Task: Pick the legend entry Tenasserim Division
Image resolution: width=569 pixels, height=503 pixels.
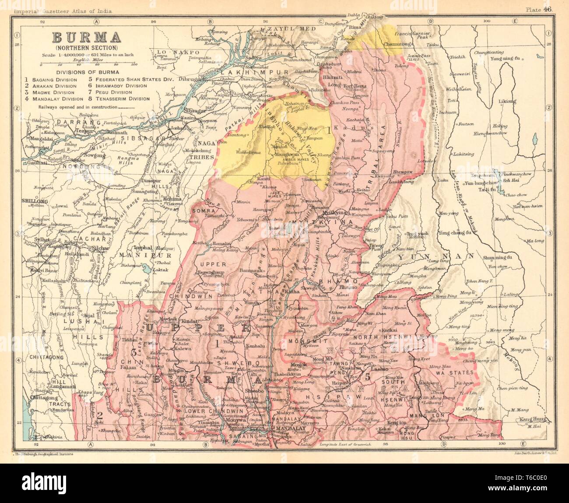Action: (118, 99)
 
